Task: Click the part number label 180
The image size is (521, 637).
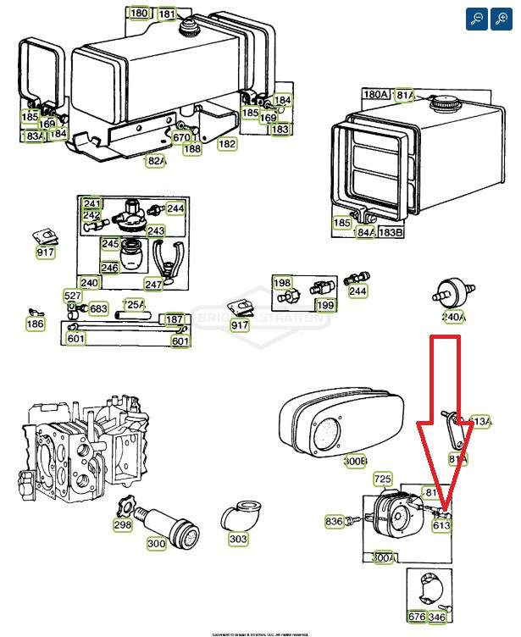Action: [x=138, y=14]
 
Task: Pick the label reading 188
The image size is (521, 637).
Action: [x=192, y=149]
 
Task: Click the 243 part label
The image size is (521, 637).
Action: [x=156, y=230]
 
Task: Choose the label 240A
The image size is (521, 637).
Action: [x=453, y=317]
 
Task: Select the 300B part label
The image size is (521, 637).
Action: [x=355, y=461]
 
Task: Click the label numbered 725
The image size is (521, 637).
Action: [x=383, y=479]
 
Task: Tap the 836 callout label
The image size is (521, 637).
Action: [x=334, y=522]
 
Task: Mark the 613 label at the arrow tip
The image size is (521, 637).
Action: [x=441, y=525]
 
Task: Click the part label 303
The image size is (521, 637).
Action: [x=238, y=539]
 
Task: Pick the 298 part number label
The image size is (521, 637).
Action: [x=124, y=526]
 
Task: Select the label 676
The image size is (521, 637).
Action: [x=417, y=617]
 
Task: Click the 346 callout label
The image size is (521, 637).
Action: [x=437, y=617]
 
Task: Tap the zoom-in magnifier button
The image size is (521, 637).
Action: [x=501, y=19]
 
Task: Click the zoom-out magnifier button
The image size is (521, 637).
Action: [x=477, y=19]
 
